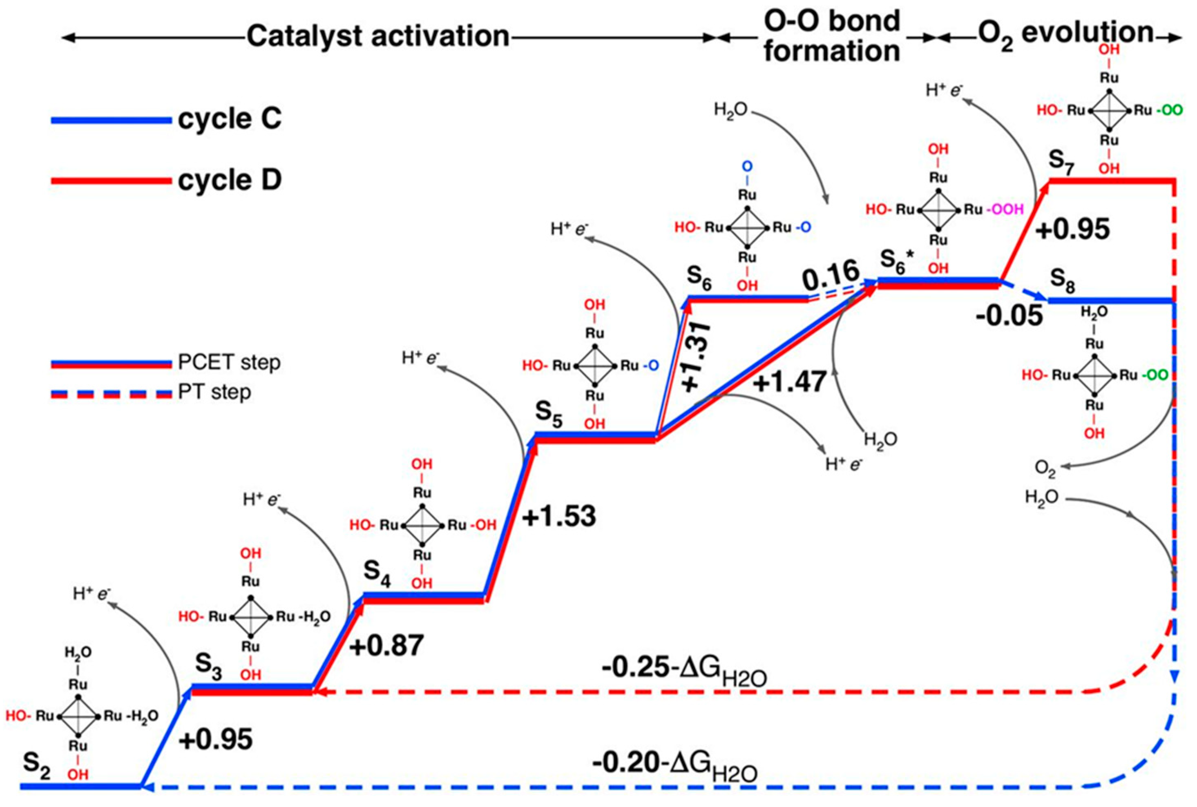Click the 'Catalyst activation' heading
click(x=378, y=37)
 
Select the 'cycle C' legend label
click(x=230, y=119)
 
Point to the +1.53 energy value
click(x=559, y=516)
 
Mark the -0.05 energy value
click(x=1009, y=315)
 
